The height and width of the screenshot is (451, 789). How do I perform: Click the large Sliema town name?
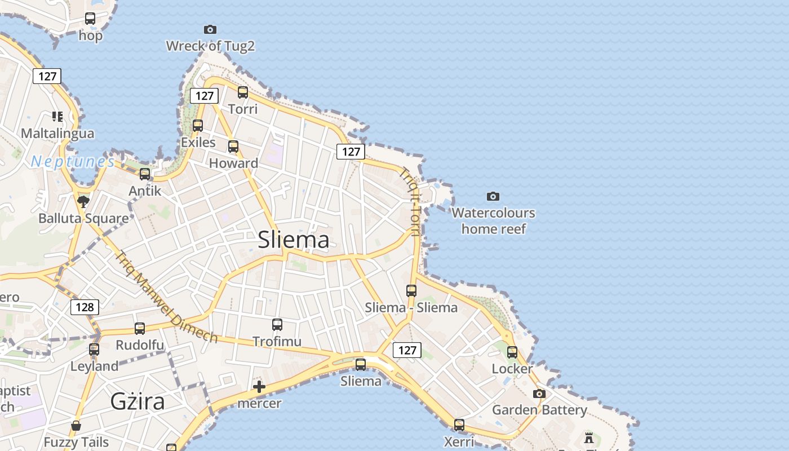(x=294, y=240)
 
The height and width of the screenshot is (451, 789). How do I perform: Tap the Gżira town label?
(x=138, y=402)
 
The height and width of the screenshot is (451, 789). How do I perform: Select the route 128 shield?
(x=85, y=307)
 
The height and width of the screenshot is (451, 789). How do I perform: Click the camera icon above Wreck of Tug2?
(x=210, y=29)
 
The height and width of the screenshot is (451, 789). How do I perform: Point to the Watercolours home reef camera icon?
(x=493, y=196)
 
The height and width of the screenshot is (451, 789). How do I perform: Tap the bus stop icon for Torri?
(x=243, y=92)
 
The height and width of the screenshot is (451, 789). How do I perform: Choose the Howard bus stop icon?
(x=233, y=147)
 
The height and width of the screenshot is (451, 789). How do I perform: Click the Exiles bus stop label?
(x=198, y=142)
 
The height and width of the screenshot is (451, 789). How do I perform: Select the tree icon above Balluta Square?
(x=83, y=201)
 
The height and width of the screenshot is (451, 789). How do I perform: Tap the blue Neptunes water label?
(x=73, y=162)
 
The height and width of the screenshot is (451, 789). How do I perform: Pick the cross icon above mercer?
(x=259, y=387)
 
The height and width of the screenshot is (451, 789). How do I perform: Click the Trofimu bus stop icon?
(x=277, y=325)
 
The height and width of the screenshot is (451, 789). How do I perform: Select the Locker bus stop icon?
(x=512, y=352)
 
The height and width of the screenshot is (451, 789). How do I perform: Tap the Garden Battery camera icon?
(x=539, y=393)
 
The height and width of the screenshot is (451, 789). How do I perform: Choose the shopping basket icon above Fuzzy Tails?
(x=76, y=426)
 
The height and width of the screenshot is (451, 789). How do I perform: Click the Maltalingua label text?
(x=57, y=134)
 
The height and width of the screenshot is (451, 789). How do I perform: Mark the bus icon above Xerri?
(x=459, y=425)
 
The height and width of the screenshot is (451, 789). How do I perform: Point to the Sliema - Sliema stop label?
(x=411, y=308)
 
